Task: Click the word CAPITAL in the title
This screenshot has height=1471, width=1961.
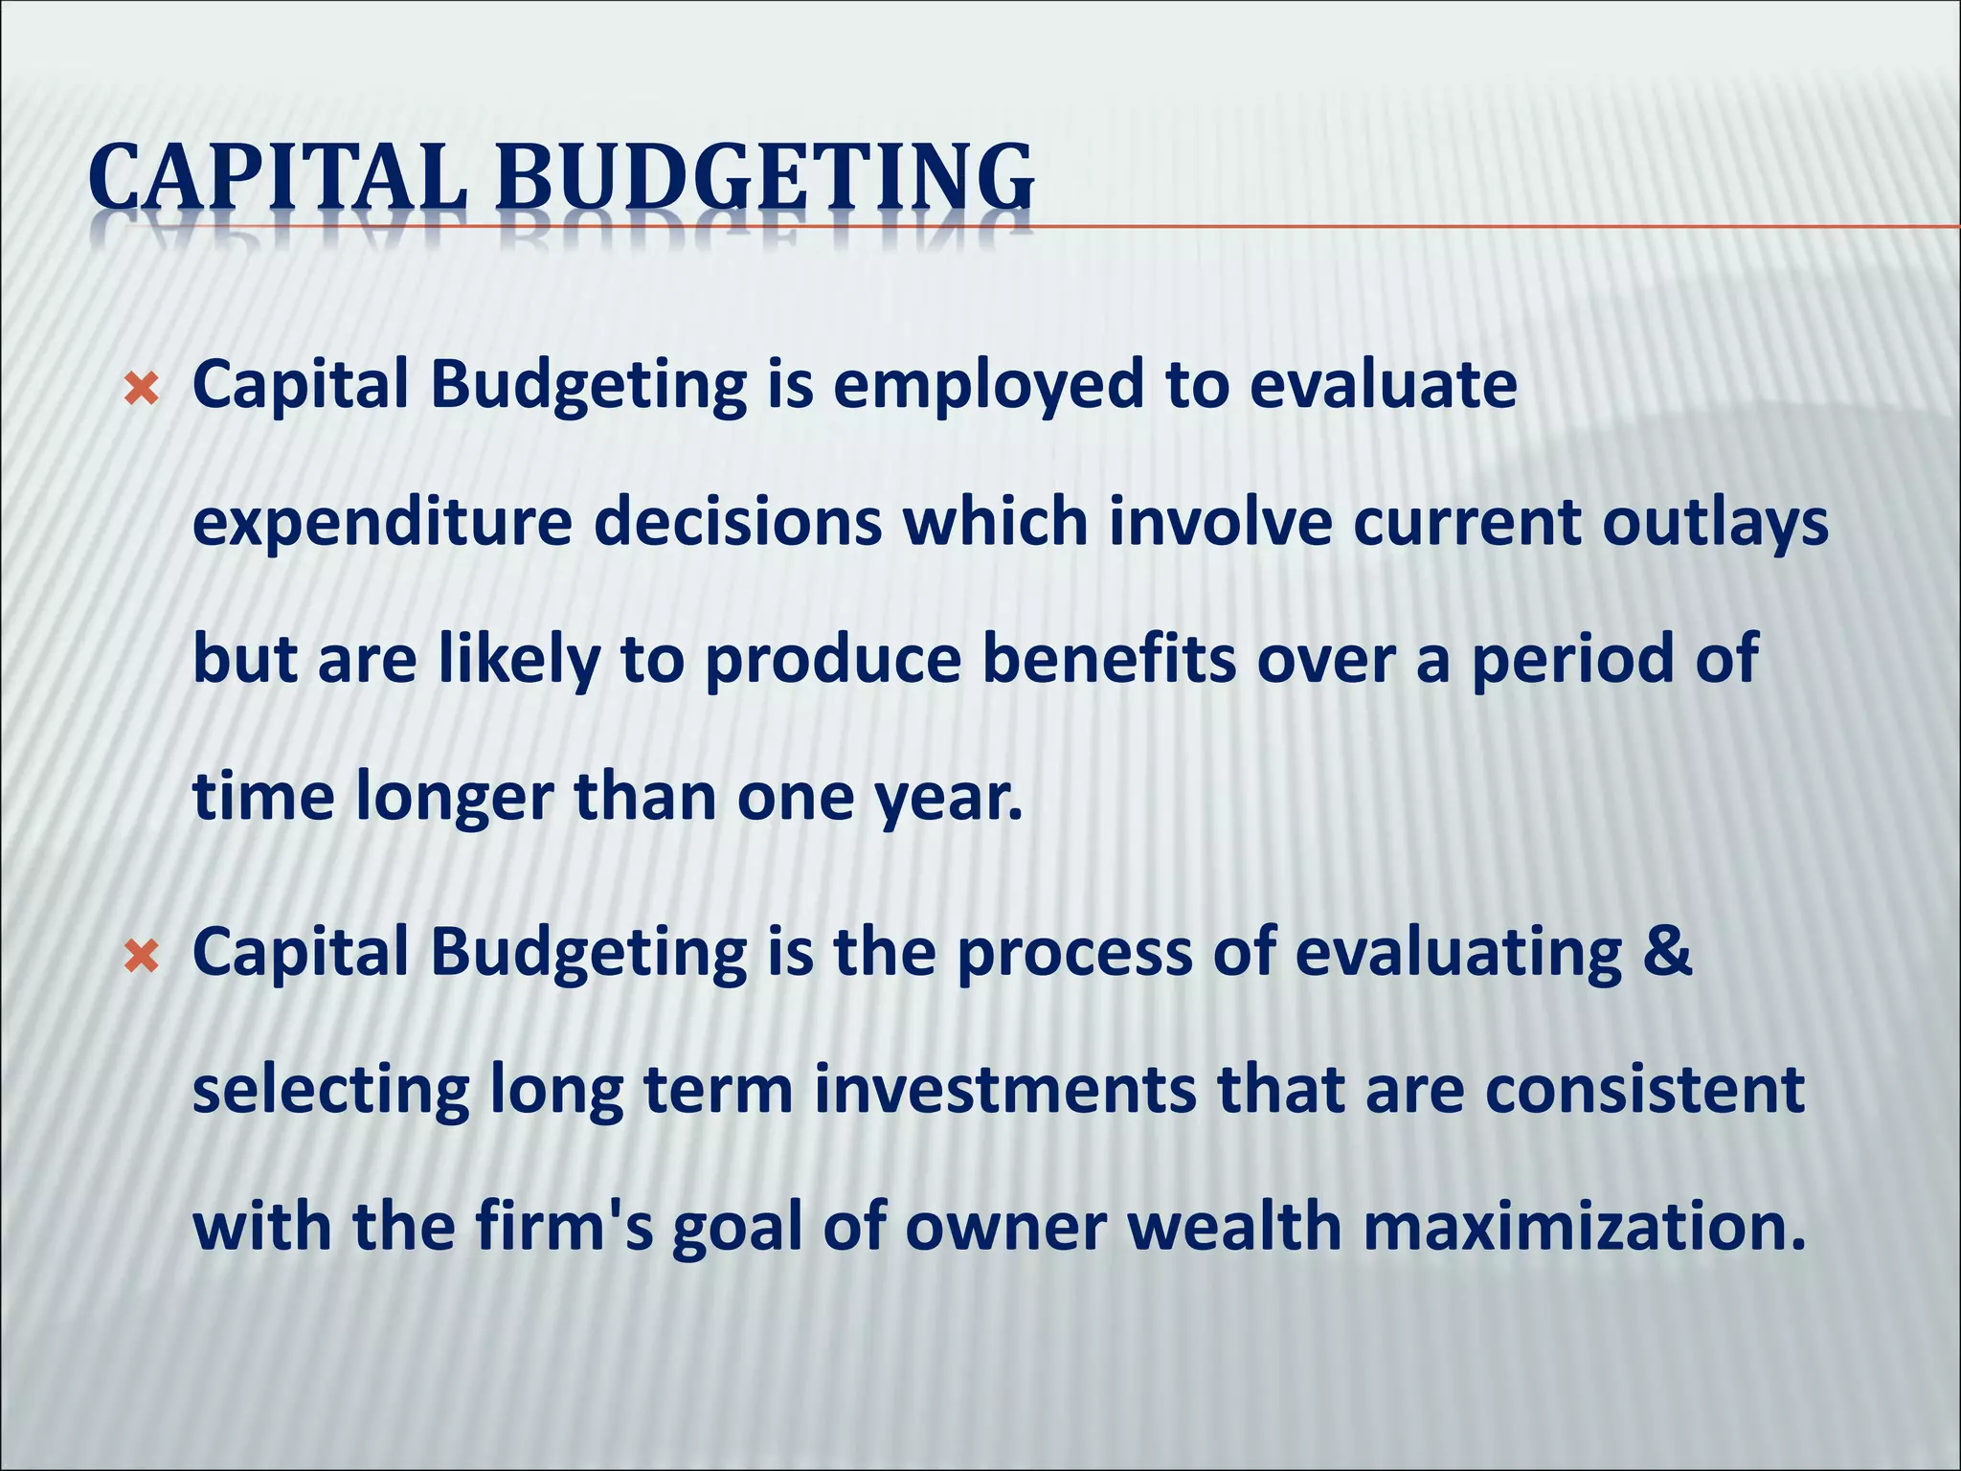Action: pos(278,178)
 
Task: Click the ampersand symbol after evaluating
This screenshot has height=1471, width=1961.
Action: pos(1668,952)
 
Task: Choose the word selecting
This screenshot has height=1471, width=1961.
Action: pos(330,1092)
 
